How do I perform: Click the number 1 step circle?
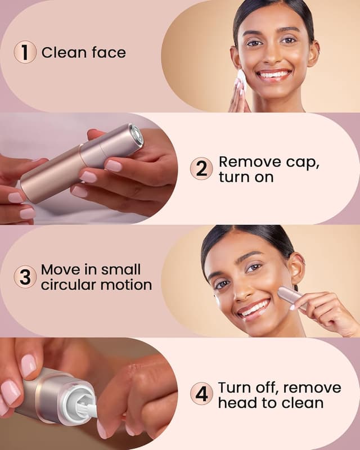click(x=25, y=53)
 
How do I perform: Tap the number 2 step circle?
click(x=201, y=168)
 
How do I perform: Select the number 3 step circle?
click(x=25, y=277)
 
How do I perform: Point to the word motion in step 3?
click(x=126, y=285)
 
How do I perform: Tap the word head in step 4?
click(x=237, y=402)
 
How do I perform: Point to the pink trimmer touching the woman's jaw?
click(x=290, y=296)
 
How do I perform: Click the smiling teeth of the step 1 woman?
click(x=274, y=74)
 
